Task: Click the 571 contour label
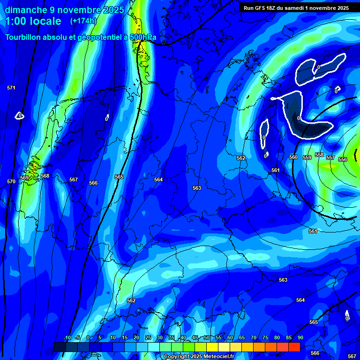[x=11, y=88]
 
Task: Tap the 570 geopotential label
[x=11, y=181]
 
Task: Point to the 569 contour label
[x=24, y=178]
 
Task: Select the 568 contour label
[x=45, y=176]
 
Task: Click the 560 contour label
[x=293, y=157]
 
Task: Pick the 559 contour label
[x=307, y=157]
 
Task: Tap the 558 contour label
[x=319, y=155]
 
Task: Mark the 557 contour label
[x=330, y=157]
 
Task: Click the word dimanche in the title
[x=26, y=10]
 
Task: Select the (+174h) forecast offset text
[x=83, y=21]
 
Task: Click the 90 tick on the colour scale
[x=300, y=338]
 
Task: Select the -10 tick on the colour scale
[x=67, y=338]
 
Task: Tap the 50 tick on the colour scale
[x=206, y=338]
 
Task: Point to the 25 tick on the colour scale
[x=148, y=338]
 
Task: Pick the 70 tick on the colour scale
[x=253, y=338]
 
